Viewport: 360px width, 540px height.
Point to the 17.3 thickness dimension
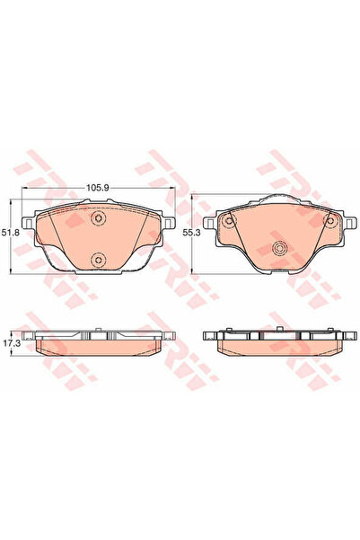pos(11,343)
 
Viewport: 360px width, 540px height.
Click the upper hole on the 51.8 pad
pos(100,219)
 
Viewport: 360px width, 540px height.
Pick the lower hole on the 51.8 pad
pos(100,261)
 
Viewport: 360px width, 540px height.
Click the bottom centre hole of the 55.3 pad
pos(278,251)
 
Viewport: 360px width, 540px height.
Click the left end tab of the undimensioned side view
pos(209,339)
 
